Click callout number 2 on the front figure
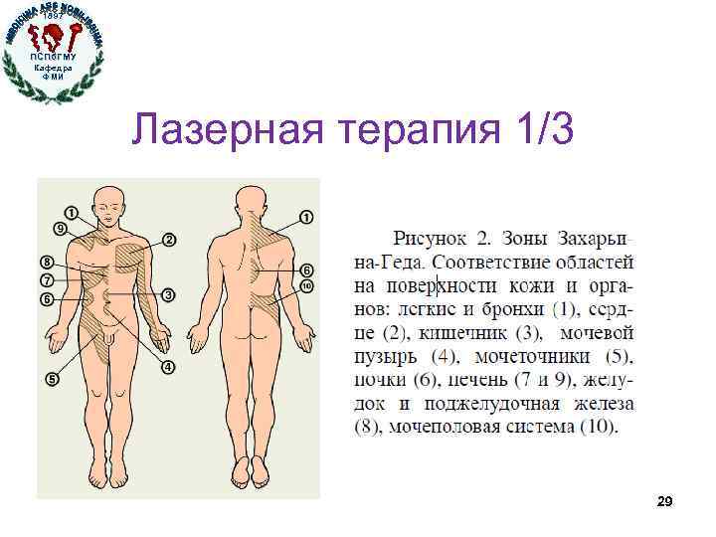pos(169,240)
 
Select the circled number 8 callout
pos(47,262)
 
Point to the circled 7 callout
pos(47,280)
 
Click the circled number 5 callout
pos(52,379)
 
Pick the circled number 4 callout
pos(169,367)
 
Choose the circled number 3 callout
pos(169,294)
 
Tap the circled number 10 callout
pos(306,286)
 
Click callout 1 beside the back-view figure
pos(306,216)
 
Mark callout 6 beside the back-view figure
pos(306,270)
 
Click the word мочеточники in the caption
pos(532,356)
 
